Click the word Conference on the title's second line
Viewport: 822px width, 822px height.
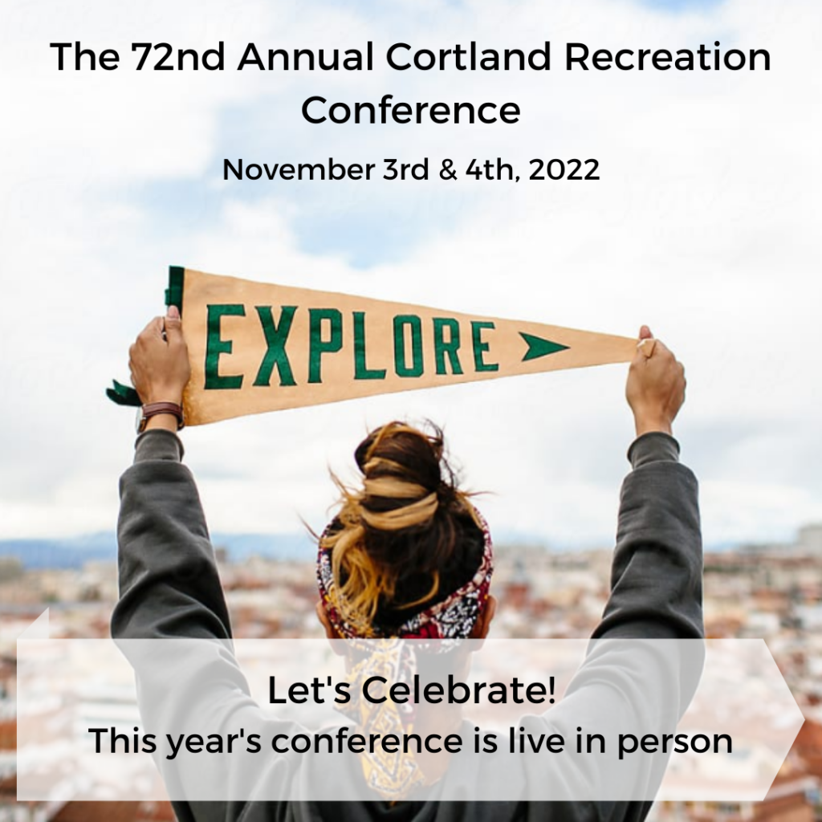(x=410, y=110)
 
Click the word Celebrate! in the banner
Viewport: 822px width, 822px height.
(x=466, y=692)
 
